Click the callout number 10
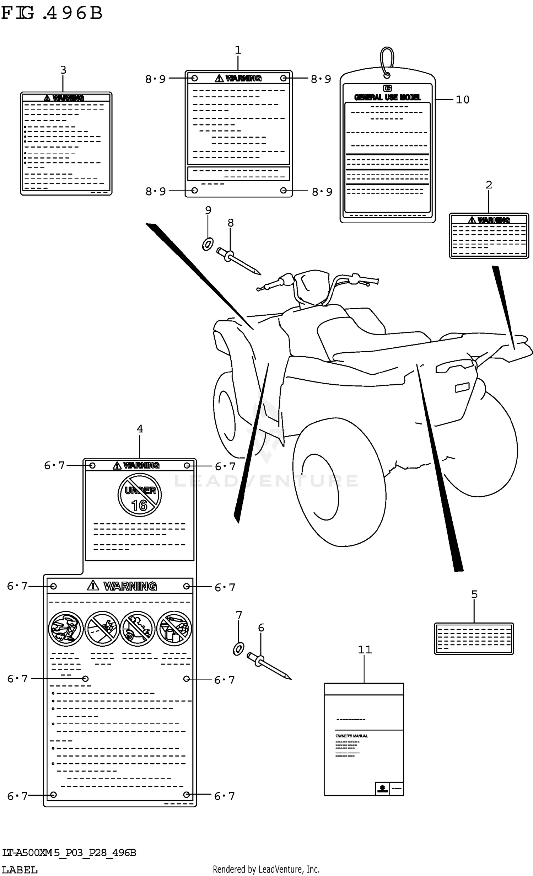pos(462,100)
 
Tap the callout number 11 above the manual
pos(365,650)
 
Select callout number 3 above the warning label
pos(63,70)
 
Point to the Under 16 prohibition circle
pos(140,495)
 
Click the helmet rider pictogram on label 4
pos(66,629)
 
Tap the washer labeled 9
pos(208,244)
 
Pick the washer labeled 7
pos(238,649)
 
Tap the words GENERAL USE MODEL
pos(387,97)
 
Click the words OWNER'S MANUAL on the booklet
pos(351,736)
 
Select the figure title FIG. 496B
pos(52,13)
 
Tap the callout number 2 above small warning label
pos(489,185)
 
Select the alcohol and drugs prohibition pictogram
pos(174,629)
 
